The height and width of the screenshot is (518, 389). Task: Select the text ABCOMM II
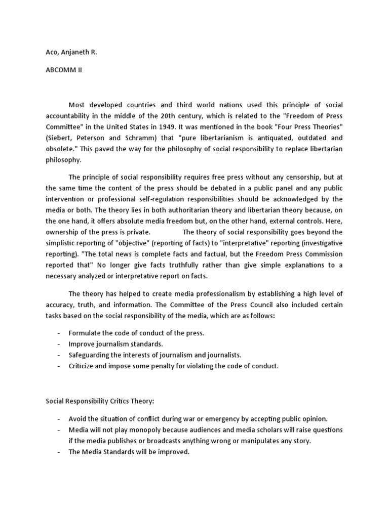[64, 70]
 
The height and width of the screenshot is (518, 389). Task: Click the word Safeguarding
[89, 355]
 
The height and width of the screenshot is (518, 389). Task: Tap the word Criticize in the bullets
[82, 365]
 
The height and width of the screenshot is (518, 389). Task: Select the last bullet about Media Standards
[129, 452]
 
